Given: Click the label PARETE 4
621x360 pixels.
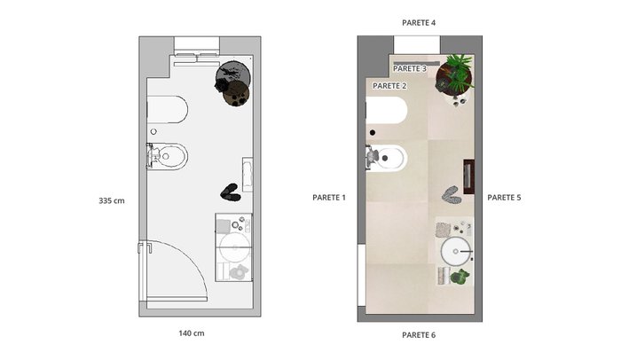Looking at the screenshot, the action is pos(419,23).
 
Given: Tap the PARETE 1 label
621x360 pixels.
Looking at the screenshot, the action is pos(329,197).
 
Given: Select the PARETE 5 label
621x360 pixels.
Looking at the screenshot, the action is pos(504,197).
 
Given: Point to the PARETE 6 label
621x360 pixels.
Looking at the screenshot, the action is pos(419,335).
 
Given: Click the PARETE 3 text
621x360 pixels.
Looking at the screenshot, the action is pos(410,68).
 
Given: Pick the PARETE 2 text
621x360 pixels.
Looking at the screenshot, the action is pos(389,85).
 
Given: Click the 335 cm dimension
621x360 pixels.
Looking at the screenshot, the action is pos(112,200).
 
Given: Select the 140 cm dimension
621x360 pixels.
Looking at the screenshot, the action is pos(192,333).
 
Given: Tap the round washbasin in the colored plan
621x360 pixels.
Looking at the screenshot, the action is pos(456,251).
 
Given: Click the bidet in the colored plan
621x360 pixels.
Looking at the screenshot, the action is pos(386,158).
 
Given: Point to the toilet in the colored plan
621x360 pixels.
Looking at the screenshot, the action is pos(387,110).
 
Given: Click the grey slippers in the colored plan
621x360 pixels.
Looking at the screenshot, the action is pos(451,195).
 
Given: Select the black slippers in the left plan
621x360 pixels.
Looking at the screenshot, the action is pos(231,192).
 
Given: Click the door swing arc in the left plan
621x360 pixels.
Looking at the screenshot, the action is pos(193,257).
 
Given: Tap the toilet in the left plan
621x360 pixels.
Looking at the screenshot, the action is pos(168,109).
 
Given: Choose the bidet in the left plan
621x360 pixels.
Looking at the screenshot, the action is pos(167,156).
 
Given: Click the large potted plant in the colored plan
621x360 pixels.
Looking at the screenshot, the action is pos(455,74).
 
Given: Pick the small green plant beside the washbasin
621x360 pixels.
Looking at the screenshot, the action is pos(459,276).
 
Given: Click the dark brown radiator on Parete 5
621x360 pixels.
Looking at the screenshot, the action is pos(469,177).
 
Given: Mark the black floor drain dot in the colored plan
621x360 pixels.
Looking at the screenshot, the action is pos(373,133).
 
